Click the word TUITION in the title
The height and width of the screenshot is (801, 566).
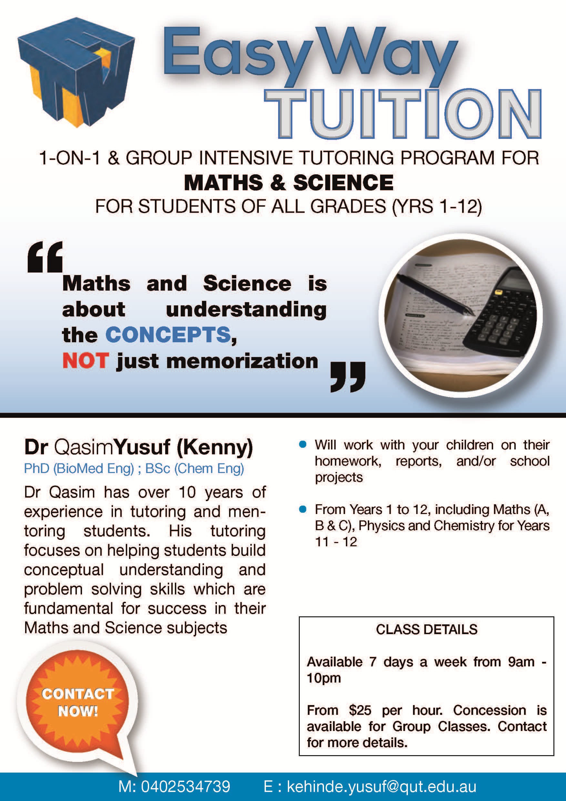pyautogui.click(x=403, y=113)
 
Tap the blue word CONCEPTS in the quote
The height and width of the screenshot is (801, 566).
pyautogui.click(x=168, y=335)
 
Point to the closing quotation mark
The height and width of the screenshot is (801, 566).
pyautogui.click(x=348, y=377)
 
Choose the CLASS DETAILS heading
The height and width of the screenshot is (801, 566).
pyautogui.click(x=427, y=629)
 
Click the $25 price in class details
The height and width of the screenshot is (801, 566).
pyautogui.click(x=360, y=710)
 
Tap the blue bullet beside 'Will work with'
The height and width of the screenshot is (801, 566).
pyautogui.click(x=303, y=445)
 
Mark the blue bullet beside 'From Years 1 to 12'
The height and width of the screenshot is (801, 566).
pyautogui.click(x=303, y=509)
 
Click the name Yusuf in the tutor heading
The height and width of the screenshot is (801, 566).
pyautogui.click(x=142, y=447)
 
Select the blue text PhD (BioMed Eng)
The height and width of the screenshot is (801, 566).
pyautogui.click(x=79, y=468)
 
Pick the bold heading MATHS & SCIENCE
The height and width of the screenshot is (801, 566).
pyautogui.click(x=288, y=182)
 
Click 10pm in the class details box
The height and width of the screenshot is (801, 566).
pyautogui.click(x=324, y=678)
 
